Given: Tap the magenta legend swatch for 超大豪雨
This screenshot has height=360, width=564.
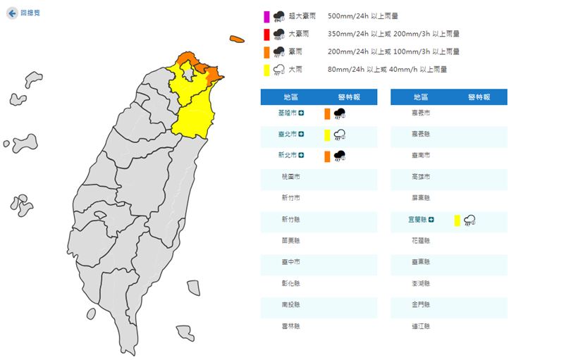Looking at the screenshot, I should coord(266,15).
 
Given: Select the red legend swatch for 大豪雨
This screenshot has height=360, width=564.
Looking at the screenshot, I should coord(266,34).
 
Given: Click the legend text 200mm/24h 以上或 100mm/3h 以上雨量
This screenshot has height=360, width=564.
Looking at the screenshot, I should coord(393,51).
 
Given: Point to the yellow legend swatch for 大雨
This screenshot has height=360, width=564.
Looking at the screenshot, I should coord(266,70).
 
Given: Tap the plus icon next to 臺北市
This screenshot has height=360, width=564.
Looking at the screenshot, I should coord(301,134).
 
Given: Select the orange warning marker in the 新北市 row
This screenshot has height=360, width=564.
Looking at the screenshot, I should coord(327,156).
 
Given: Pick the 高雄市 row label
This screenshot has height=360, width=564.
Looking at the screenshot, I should coord(421,177).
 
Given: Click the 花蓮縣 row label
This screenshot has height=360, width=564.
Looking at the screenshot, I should coord(421,241).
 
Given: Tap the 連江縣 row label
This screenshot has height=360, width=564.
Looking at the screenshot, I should coord(421,326).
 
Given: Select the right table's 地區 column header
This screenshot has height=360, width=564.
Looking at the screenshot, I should coord(421,97).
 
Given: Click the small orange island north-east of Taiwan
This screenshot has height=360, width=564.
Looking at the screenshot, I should coord(236,39).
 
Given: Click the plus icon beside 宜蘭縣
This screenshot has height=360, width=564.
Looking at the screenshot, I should coord(431,220).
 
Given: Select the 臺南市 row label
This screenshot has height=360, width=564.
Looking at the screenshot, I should coord(421,155).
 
